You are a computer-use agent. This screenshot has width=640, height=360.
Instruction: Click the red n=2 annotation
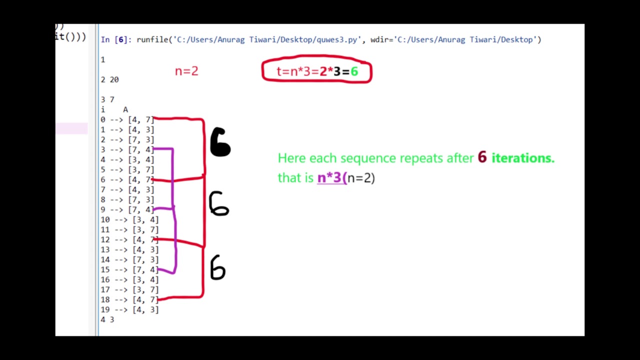pyautogui.click(x=186, y=71)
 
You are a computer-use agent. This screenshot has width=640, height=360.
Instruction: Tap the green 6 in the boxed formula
pyautogui.click(x=354, y=71)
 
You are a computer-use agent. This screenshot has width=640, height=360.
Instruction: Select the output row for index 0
pyautogui.click(x=127, y=119)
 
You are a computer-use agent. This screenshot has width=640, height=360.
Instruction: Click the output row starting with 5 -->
pyautogui.click(x=127, y=169)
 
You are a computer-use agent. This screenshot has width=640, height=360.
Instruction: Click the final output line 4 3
pyautogui.click(x=107, y=319)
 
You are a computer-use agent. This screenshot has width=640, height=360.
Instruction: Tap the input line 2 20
pyautogui.click(x=109, y=79)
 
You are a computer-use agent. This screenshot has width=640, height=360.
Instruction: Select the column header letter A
pyautogui.click(x=125, y=109)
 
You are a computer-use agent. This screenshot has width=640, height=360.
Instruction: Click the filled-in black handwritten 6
pyautogui.click(x=220, y=142)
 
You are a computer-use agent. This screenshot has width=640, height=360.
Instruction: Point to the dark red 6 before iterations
pyautogui.click(x=482, y=157)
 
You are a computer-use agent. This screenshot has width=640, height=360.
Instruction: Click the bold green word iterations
pyautogui.click(x=523, y=157)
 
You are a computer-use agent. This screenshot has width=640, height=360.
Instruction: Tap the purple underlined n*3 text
pyautogui.click(x=332, y=177)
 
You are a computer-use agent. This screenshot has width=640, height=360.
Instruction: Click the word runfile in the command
pyautogui.click(x=152, y=39)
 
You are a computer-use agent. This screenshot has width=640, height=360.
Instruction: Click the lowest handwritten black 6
pyautogui.click(x=217, y=267)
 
